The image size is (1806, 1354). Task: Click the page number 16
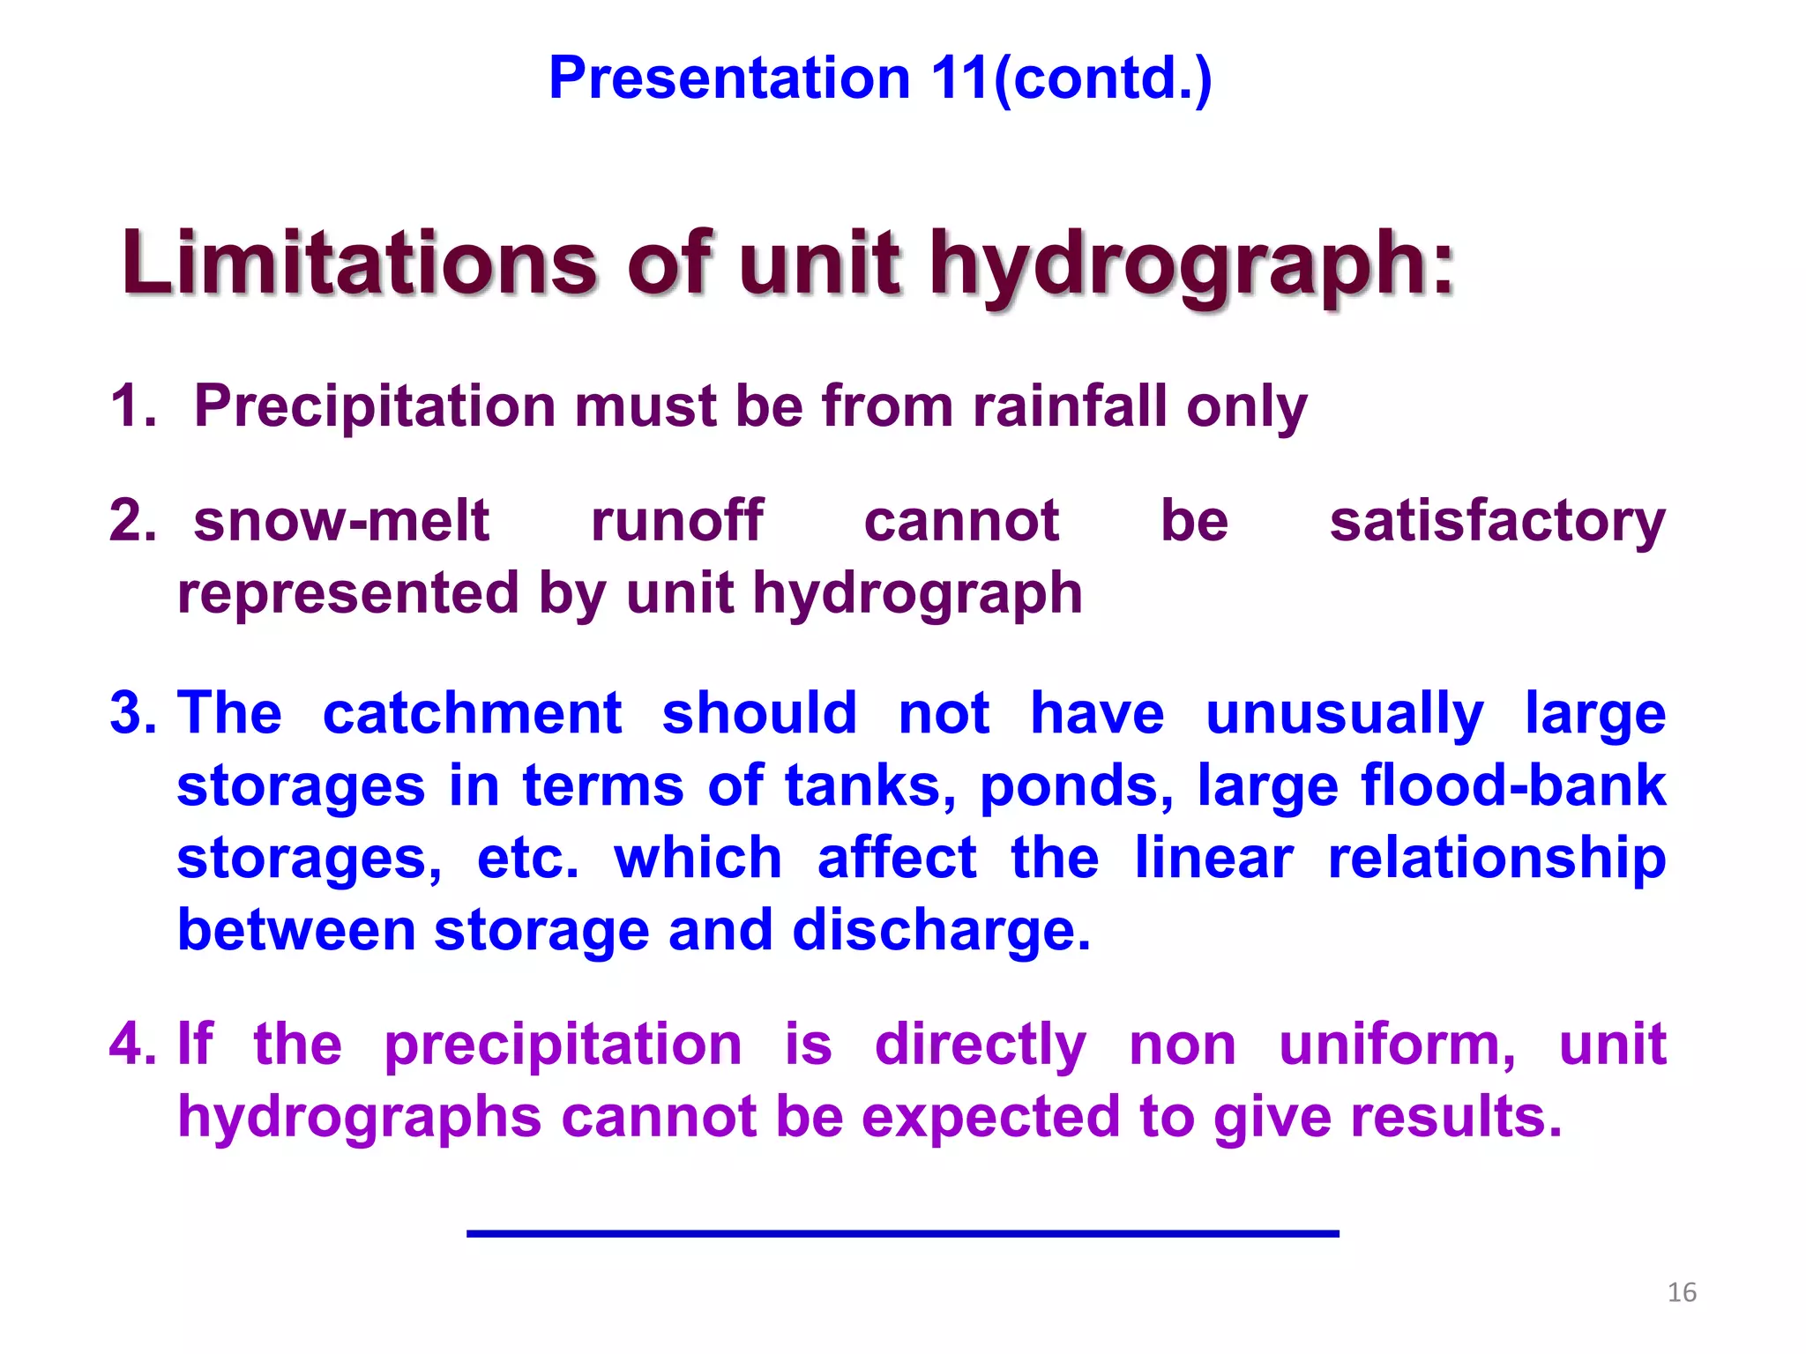[x=1682, y=1292]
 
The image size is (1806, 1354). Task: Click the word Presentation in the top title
[x=729, y=78]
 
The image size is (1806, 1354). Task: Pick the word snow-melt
[x=341, y=520]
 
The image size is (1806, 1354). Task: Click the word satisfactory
[x=1497, y=522]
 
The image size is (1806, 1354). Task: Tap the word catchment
[x=473, y=712]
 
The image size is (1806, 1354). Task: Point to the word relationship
[x=1496, y=859]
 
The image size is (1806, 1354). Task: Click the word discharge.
[x=941, y=931]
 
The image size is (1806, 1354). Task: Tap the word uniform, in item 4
[x=1398, y=1044]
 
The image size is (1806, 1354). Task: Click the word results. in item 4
[x=1456, y=1117]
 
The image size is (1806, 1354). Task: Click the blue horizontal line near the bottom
[x=902, y=1233]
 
